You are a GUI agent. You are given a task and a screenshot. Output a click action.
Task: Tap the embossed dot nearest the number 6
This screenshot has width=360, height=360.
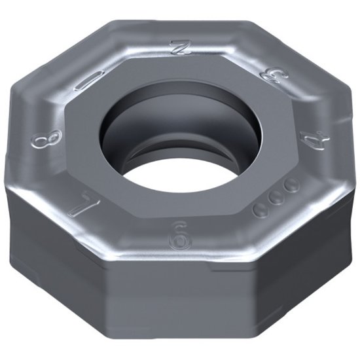click(x=260, y=208)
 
